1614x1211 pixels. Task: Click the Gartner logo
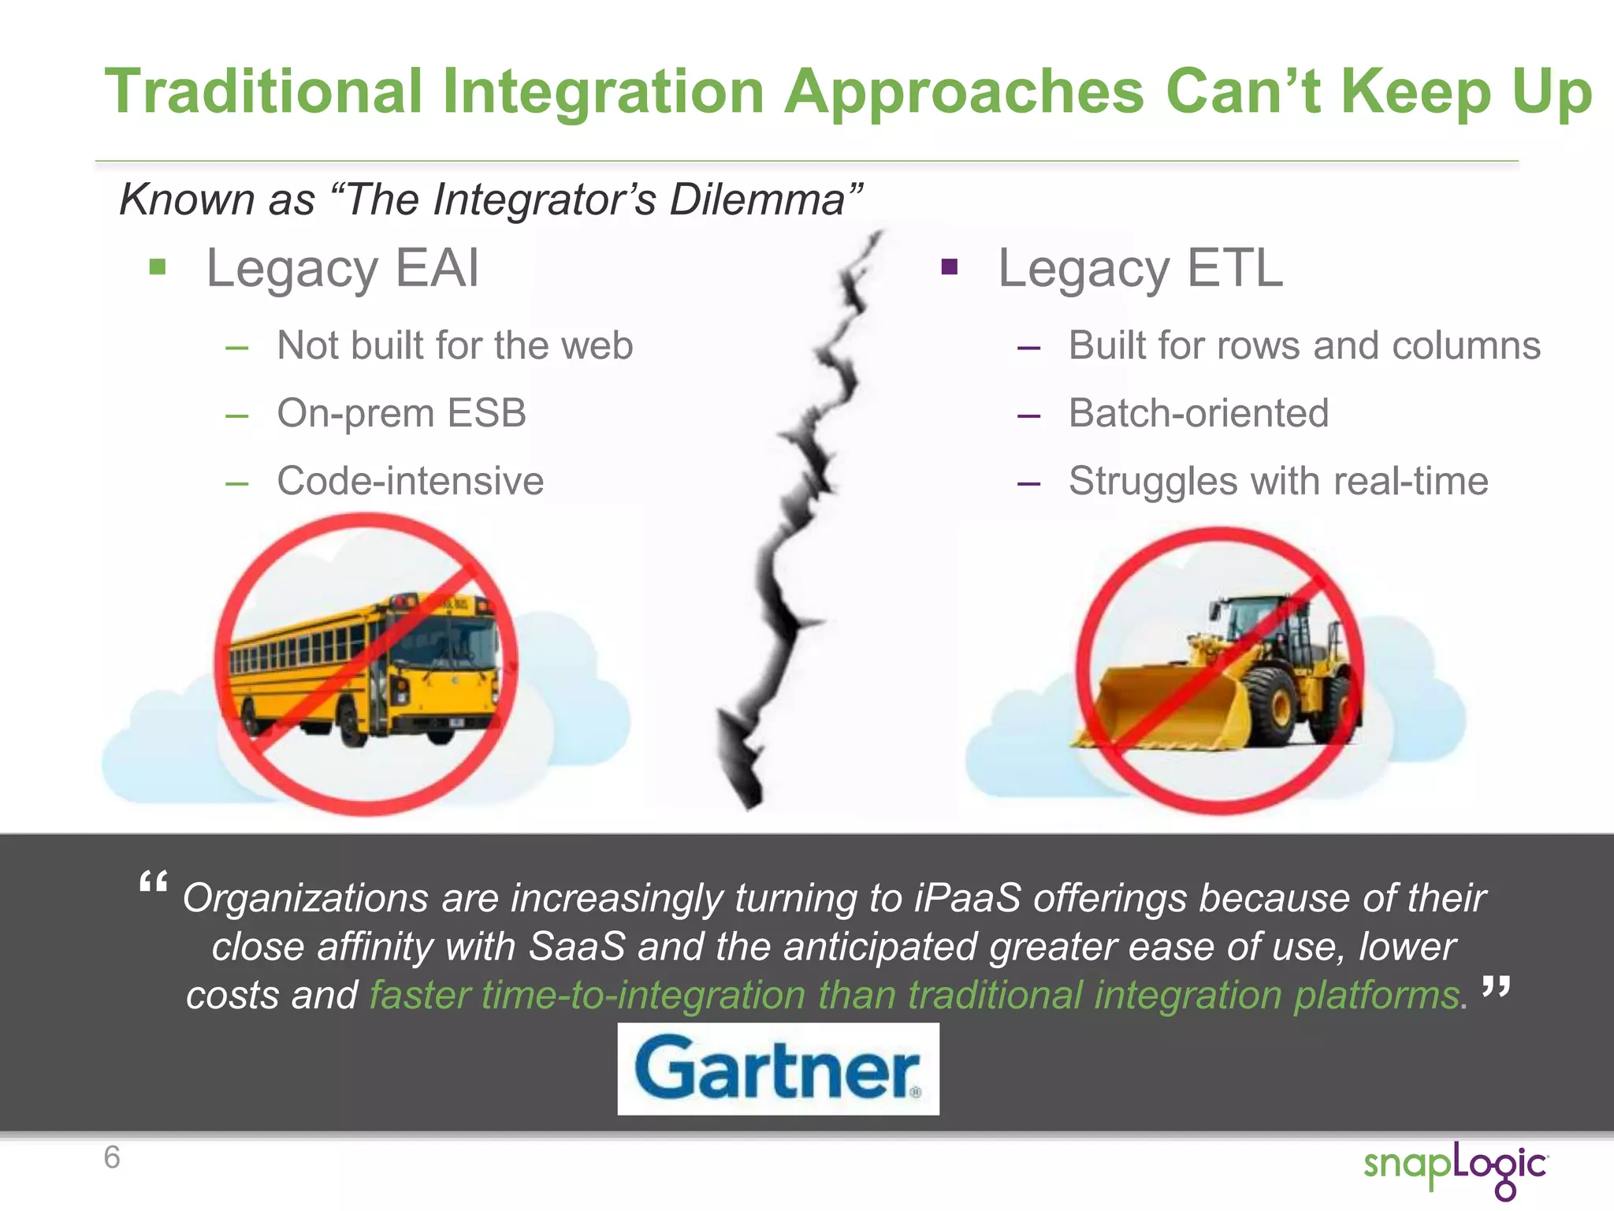778,1068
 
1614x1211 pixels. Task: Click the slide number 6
112,1157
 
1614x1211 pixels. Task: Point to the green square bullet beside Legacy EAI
158,267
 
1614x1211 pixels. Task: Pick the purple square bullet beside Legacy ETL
950,267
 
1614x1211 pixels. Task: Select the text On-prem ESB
401,413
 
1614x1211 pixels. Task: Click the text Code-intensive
410,481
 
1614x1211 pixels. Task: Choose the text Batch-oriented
1198,413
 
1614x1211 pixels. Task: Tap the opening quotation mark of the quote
153,883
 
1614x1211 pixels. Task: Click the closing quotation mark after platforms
1495,987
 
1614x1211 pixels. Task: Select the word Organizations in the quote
306,898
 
